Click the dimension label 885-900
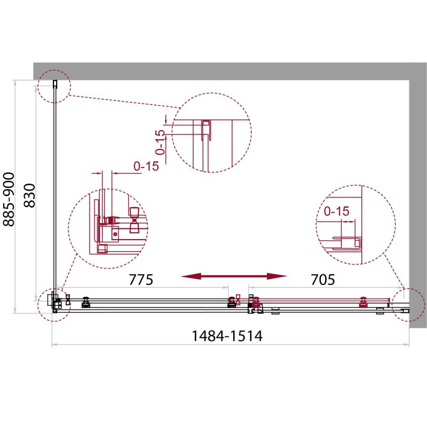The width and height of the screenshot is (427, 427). (9, 199)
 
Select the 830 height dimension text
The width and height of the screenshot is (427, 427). (29, 195)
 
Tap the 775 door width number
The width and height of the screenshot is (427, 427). (141, 279)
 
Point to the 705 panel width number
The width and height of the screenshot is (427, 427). (323, 279)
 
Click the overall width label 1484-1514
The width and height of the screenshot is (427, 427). (227, 336)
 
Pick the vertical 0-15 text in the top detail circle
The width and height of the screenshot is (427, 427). (161, 142)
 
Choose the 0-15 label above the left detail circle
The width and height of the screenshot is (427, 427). (146, 166)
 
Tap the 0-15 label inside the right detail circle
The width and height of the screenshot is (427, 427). (337, 211)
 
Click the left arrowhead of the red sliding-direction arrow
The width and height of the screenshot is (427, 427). (191, 276)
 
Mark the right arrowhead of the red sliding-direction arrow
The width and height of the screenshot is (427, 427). (276, 276)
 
